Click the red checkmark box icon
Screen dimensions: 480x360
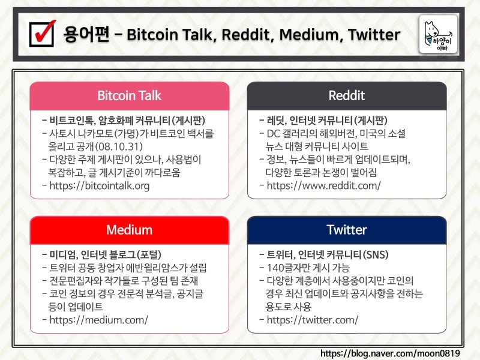pos(43,34)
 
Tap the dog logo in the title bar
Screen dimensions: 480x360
pos(438,34)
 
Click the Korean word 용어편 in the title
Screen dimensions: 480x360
pos(86,34)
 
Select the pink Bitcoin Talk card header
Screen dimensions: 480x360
pos(130,96)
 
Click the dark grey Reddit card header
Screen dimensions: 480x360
pos(347,96)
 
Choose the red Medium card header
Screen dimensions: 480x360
pos(130,230)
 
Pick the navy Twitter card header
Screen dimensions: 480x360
pos(347,230)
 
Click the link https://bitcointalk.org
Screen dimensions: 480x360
pos(100,186)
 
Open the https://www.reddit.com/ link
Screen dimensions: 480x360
pos(323,186)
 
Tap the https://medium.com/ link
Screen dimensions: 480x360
pos(98,320)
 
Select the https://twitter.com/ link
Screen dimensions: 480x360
pos(313,320)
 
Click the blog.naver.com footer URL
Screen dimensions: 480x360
pos(390,353)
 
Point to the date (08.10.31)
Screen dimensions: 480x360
pos(118,146)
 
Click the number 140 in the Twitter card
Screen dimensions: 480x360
pos(275,268)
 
